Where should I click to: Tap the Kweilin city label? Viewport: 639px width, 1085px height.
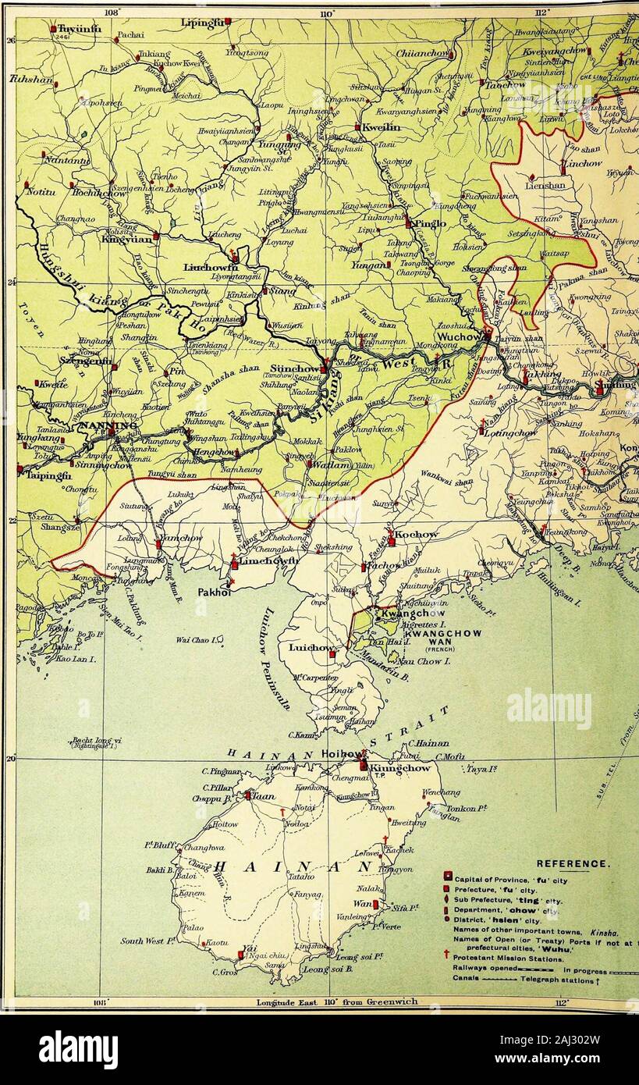coord(381,126)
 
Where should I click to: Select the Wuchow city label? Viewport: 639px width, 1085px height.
coord(458,337)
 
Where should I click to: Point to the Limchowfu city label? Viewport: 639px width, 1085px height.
coord(268,561)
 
